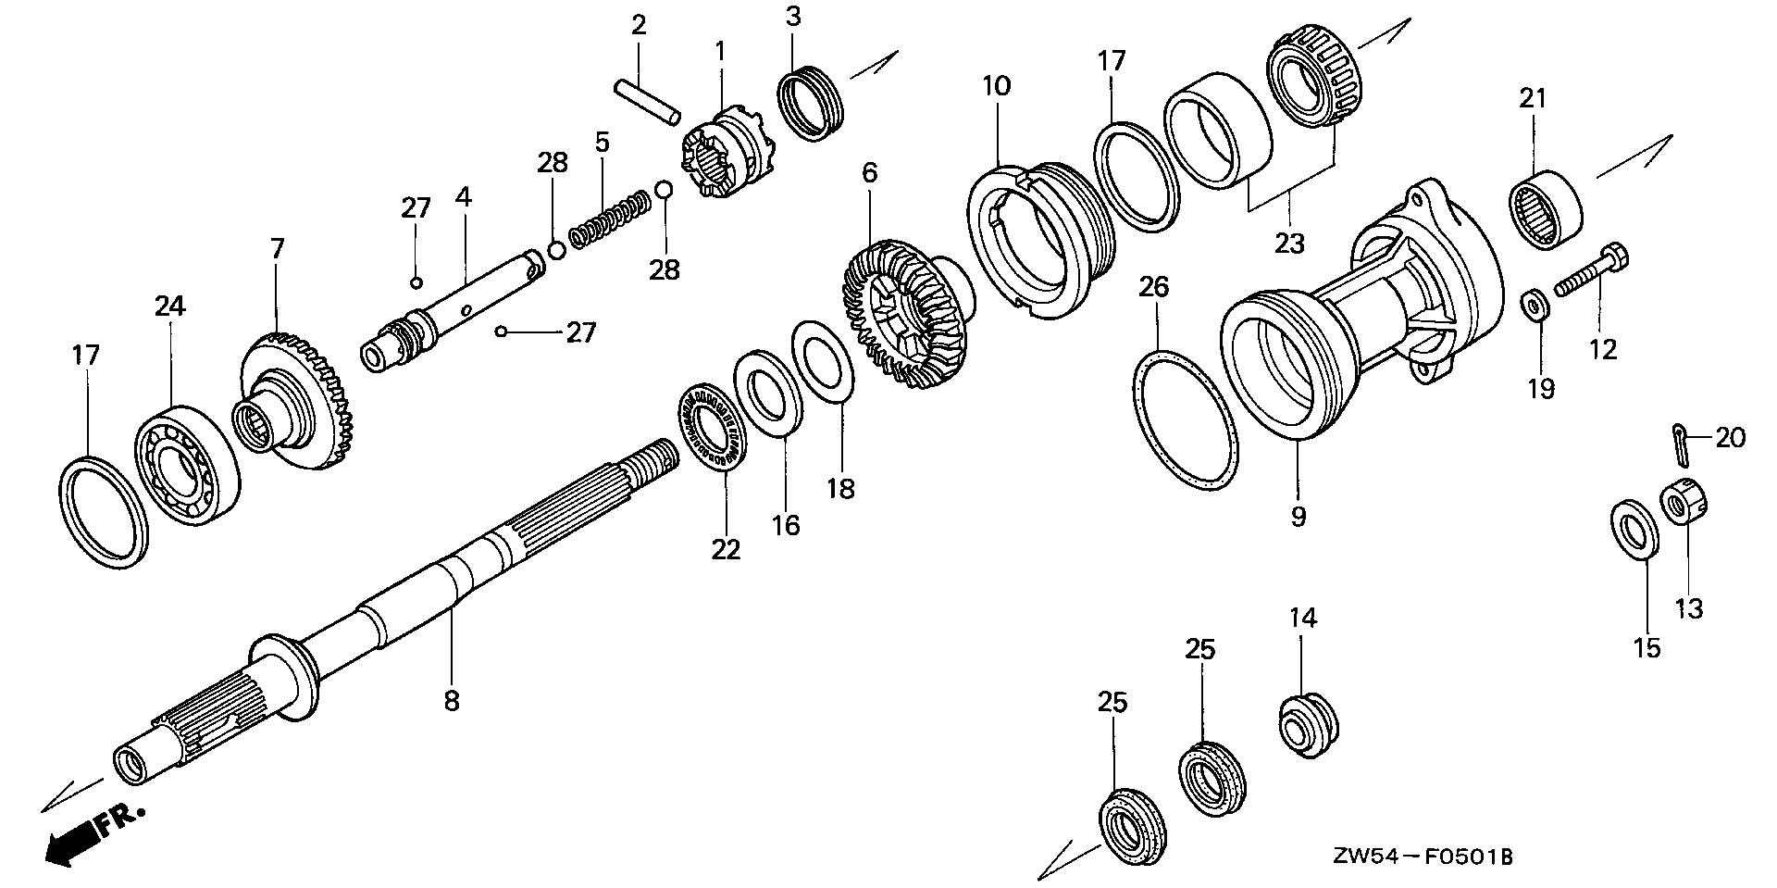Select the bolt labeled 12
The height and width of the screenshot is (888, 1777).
pos(1594,269)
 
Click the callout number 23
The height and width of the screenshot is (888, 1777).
pos(1289,243)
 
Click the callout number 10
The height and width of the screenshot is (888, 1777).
pos(996,86)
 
